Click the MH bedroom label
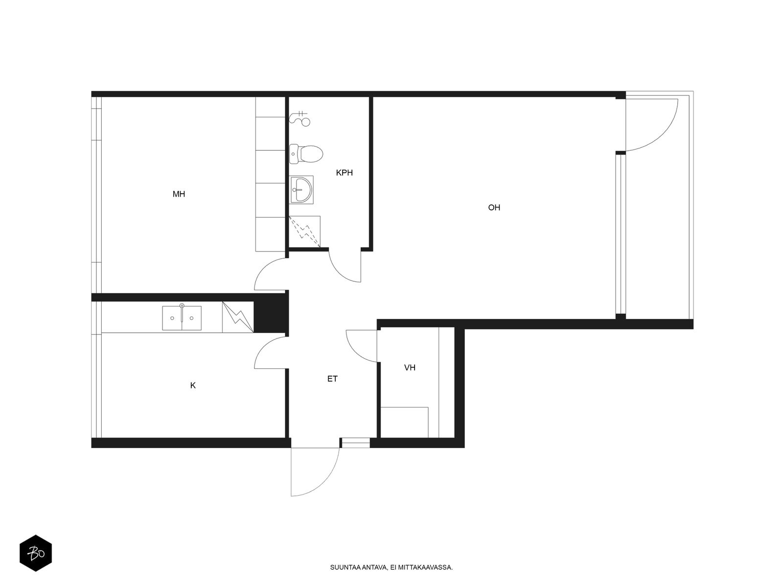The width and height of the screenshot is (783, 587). coord(179,194)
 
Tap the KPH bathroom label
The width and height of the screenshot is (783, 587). coord(344,173)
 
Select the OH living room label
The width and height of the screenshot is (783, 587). coord(494,207)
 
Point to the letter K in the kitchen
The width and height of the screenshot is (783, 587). coord(193,385)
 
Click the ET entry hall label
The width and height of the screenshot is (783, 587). coord(332,379)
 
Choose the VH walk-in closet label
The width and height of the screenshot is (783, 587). coord(410,367)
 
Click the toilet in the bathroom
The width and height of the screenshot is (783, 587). coord(306,154)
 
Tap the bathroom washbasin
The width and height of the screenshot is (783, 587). coord(301,190)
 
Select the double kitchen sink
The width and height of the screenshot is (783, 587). coord(182,317)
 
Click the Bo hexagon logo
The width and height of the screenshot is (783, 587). coord(36,553)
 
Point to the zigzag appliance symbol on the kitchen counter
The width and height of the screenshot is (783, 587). coord(238,317)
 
